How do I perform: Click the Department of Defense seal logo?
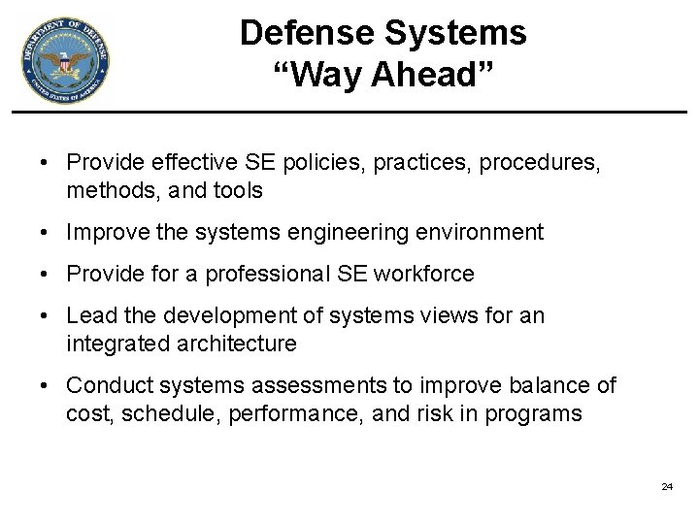coord(65,60)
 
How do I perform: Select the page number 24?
coord(667,486)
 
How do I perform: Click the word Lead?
coord(89,316)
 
